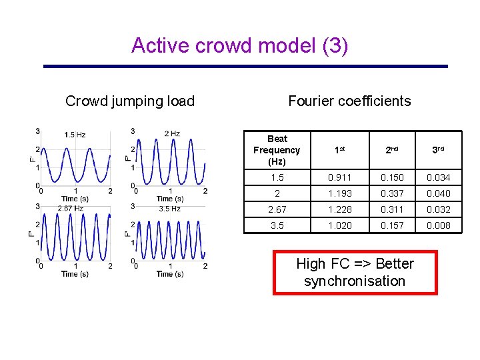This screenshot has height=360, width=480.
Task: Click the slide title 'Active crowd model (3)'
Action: [239, 45]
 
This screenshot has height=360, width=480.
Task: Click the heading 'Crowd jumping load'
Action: [130, 101]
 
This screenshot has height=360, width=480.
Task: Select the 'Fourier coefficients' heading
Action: [349, 101]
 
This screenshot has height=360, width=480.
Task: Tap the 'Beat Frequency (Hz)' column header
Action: [277, 150]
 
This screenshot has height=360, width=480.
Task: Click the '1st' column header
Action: [339, 151]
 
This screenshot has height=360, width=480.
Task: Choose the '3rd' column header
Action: [438, 151]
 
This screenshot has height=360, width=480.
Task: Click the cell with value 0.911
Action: [339, 177]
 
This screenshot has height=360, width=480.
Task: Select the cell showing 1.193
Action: [339, 193]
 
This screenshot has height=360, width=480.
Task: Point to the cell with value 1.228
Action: [339, 209]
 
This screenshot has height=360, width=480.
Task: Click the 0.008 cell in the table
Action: [438, 225]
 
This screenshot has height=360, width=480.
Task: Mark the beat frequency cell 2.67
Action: [277, 209]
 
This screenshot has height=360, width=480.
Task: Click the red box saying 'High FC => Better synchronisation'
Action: [355, 272]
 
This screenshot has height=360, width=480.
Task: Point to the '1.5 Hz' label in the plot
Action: [75, 135]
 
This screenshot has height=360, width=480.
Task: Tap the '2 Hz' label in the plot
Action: [171, 134]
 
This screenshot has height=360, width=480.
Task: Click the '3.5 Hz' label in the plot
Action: [169, 209]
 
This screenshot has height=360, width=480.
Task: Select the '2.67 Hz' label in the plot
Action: [70, 209]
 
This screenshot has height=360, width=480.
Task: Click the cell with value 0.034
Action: [438, 177]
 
